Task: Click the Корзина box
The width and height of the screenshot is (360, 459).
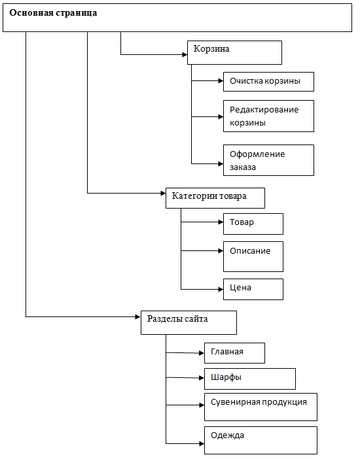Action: pyautogui.click(x=234, y=53)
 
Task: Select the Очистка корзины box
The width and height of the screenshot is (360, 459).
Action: pyautogui.click(x=268, y=82)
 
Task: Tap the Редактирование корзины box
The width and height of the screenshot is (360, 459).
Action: pyautogui.click(x=268, y=116)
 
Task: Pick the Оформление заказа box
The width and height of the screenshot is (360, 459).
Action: pyautogui.click(x=268, y=160)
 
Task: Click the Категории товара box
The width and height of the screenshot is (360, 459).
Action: pyautogui.click(x=215, y=198)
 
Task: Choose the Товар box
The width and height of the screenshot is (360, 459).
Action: pyautogui.click(x=253, y=224)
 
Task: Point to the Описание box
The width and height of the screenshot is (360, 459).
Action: pyautogui.click(x=253, y=257)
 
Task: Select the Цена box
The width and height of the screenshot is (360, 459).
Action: pyautogui.click(x=253, y=289)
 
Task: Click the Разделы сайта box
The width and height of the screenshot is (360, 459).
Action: pyautogui.click(x=189, y=322)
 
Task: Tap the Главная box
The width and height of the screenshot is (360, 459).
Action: pyautogui.click(x=234, y=353)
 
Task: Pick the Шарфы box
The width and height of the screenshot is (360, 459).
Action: pyautogui.click(x=250, y=379)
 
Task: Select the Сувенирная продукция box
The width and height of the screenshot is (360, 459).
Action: pyautogui.click(x=261, y=407)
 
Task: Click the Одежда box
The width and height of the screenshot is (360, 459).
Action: pyautogui.click(x=261, y=440)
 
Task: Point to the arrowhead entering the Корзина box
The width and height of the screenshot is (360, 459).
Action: pyautogui.click(x=185, y=54)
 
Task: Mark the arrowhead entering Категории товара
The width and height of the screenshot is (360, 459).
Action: pyautogui.click(x=163, y=193)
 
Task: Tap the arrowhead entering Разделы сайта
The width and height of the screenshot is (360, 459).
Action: pyautogui.click(x=138, y=316)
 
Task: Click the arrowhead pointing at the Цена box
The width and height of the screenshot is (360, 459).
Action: pyautogui.click(x=221, y=290)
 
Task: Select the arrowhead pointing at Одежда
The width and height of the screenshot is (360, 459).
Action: pyautogui.click(x=202, y=444)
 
